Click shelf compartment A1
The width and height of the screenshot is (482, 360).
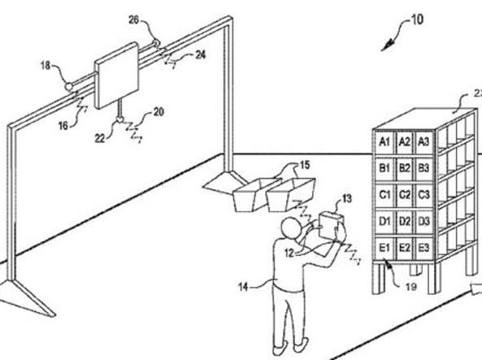click(x=384, y=142)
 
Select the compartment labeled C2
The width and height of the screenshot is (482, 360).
click(x=405, y=195)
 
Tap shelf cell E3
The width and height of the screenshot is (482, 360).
click(x=423, y=248)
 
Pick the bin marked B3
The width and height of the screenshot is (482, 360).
click(x=423, y=169)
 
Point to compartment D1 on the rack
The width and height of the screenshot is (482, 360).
click(x=384, y=222)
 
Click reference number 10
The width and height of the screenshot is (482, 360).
click(x=417, y=20)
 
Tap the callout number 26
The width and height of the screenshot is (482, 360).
click(x=134, y=20)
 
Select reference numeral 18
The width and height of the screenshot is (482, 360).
click(x=46, y=66)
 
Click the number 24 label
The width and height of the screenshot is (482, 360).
click(x=201, y=55)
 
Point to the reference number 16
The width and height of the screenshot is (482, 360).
click(x=63, y=125)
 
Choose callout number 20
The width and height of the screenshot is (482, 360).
click(x=158, y=112)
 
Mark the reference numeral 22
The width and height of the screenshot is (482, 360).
click(x=100, y=139)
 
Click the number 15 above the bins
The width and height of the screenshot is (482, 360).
click(x=304, y=166)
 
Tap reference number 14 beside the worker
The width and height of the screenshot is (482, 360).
click(x=243, y=287)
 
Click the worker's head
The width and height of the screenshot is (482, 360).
click(x=291, y=228)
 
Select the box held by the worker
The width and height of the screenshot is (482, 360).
click(x=331, y=226)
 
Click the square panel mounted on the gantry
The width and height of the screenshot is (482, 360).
click(x=116, y=76)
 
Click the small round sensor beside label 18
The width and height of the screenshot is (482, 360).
click(x=69, y=87)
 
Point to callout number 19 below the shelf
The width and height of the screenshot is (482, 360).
click(x=411, y=287)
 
